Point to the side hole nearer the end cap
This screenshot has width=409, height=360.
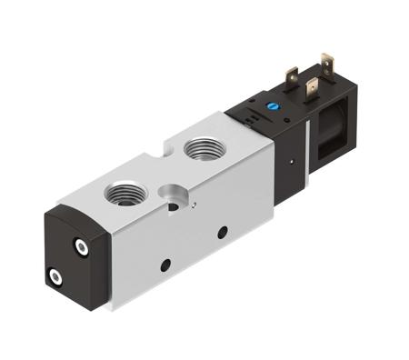(165, 265)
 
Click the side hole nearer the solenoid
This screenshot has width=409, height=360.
(222, 233)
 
